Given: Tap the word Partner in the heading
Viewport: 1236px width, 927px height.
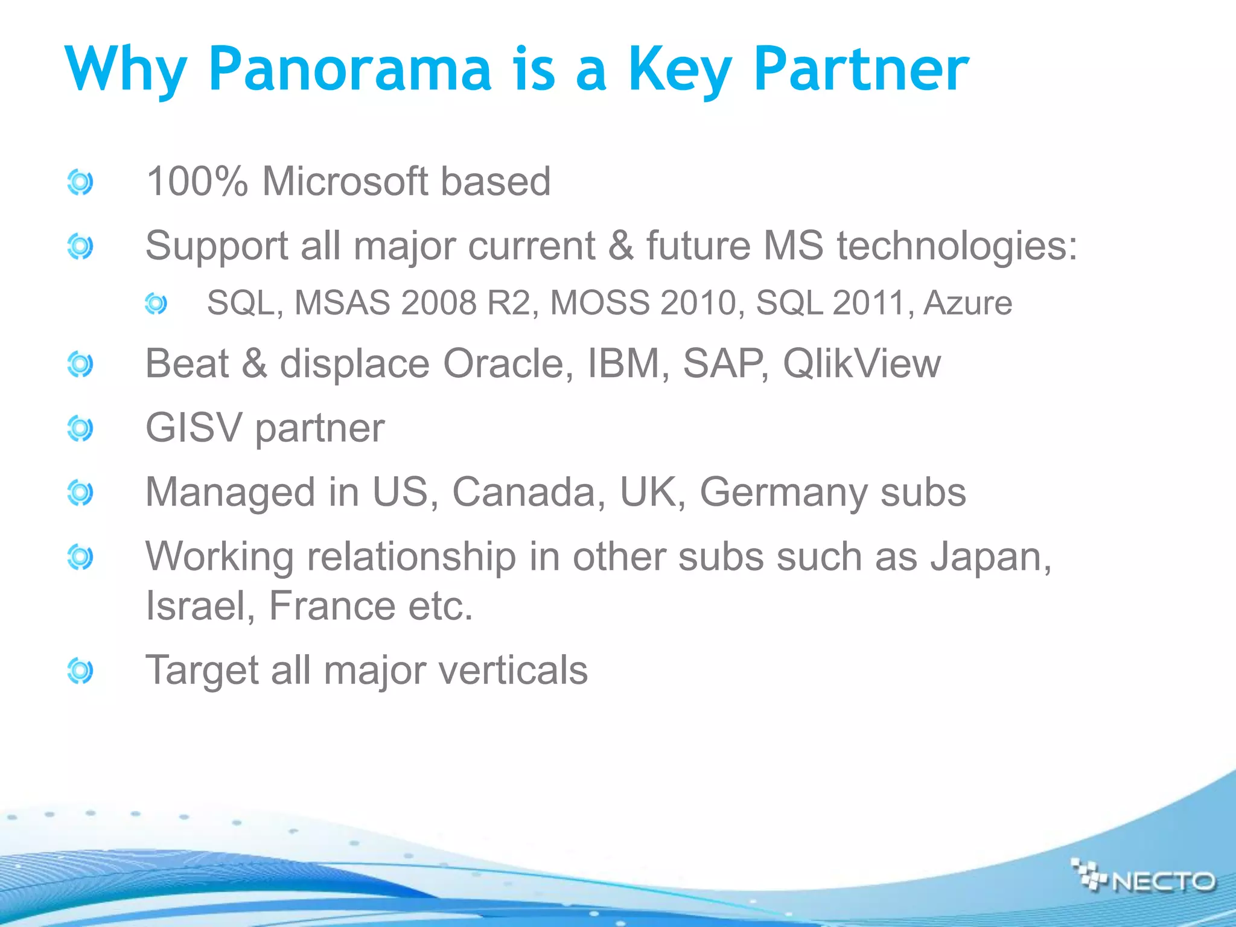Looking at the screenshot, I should (861, 69).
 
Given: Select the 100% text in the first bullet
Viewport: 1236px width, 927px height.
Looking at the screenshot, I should (197, 181).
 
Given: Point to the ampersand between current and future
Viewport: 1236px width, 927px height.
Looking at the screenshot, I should (621, 246).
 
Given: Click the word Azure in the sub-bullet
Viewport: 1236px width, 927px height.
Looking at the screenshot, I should (967, 303).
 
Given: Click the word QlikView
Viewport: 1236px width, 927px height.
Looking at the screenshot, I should (861, 364).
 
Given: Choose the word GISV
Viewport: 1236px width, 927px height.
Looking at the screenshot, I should (194, 428).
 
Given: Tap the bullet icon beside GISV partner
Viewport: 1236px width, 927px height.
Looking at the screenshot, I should (80, 428).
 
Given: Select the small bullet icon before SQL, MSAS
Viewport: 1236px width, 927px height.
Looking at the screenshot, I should (156, 304).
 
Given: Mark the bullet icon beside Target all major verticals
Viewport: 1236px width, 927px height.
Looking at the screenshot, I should (80, 671).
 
